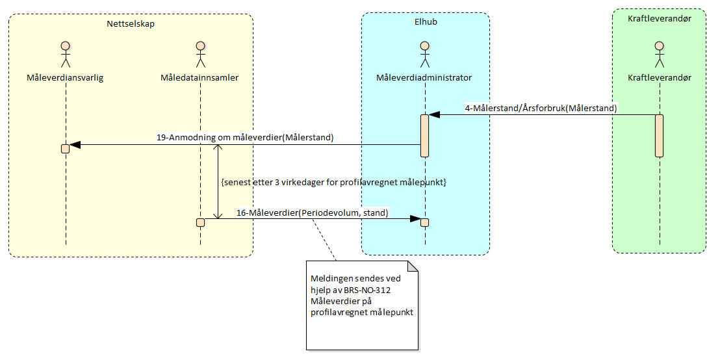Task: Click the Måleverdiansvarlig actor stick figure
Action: tap(66, 55)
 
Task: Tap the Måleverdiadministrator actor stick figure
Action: tap(424, 55)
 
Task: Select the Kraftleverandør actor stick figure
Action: tap(659, 55)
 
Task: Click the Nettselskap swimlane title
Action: tap(131, 23)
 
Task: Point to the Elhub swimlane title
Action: tap(426, 21)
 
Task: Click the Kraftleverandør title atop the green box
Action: tap(659, 19)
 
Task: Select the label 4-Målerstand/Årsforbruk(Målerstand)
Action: tap(541, 108)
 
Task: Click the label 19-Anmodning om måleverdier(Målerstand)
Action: tap(245, 137)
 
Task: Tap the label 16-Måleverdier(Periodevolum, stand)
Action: tap(312, 212)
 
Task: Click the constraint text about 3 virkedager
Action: tap(333, 183)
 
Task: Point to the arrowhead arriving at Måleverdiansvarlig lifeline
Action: tap(75, 145)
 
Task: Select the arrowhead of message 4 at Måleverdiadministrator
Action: tap(434, 115)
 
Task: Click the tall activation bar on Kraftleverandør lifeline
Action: tap(659, 135)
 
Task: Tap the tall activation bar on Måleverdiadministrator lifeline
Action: tap(424, 135)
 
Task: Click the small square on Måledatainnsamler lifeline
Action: tap(200, 222)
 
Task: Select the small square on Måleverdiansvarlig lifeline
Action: tap(66, 148)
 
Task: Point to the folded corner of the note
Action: tap(412, 266)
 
